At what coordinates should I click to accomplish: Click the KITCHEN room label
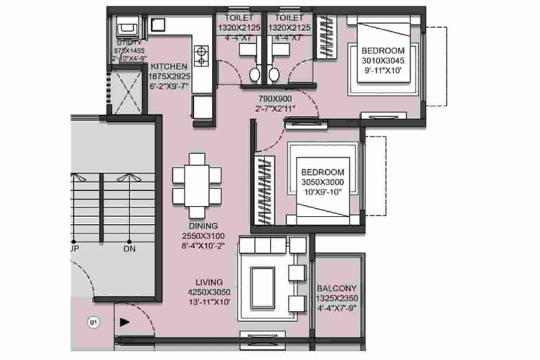(x=169, y=66)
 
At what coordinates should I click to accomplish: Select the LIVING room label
(x=208, y=282)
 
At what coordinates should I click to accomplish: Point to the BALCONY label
(x=337, y=288)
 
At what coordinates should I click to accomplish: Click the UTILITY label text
(x=130, y=43)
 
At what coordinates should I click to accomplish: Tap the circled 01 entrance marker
(x=94, y=322)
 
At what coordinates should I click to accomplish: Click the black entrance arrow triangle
(x=124, y=322)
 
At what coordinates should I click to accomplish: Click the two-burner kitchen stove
(x=202, y=56)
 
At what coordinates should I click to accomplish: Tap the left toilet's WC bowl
(x=255, y=74)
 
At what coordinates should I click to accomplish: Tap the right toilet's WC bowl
(x=274, y=74)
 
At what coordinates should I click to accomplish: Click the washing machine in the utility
(x=128, y=28)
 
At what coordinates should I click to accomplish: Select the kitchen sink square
(x=158, y=24)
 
